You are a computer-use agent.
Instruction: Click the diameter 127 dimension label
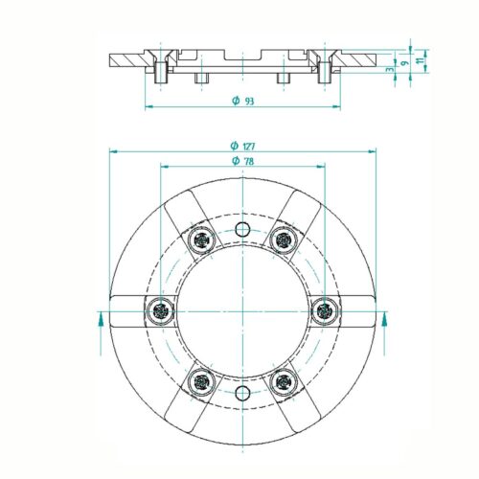coord(242,146)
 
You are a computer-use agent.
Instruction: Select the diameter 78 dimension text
coord(242,161)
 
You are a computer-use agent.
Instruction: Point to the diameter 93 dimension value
coord(242,101)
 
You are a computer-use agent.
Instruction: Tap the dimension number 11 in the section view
coord(422,59)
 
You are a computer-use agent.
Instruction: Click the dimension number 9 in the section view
coord(404,62)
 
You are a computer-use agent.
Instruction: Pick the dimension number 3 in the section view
coord(390,69)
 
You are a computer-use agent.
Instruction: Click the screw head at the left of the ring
coord(160,310)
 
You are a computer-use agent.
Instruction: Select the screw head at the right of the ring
coord(325,310)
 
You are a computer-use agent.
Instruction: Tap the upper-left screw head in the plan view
coord(201,239)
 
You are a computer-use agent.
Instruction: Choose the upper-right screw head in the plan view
coord(284,239)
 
